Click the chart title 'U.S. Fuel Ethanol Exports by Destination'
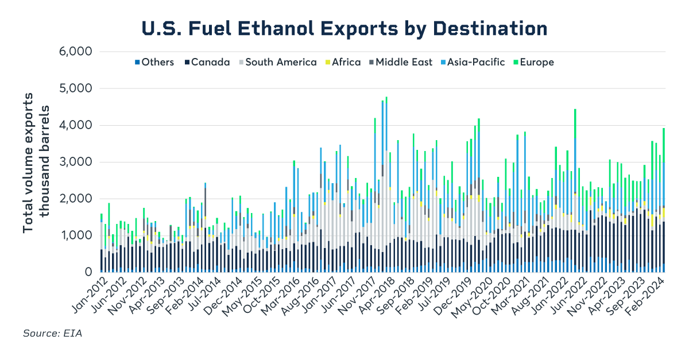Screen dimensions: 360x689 [x=344, y=28]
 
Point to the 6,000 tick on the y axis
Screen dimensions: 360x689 [x=76, y=52]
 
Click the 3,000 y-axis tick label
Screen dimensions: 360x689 [x=76, y=162]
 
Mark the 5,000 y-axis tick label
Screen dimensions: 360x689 [x=76, y=88]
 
